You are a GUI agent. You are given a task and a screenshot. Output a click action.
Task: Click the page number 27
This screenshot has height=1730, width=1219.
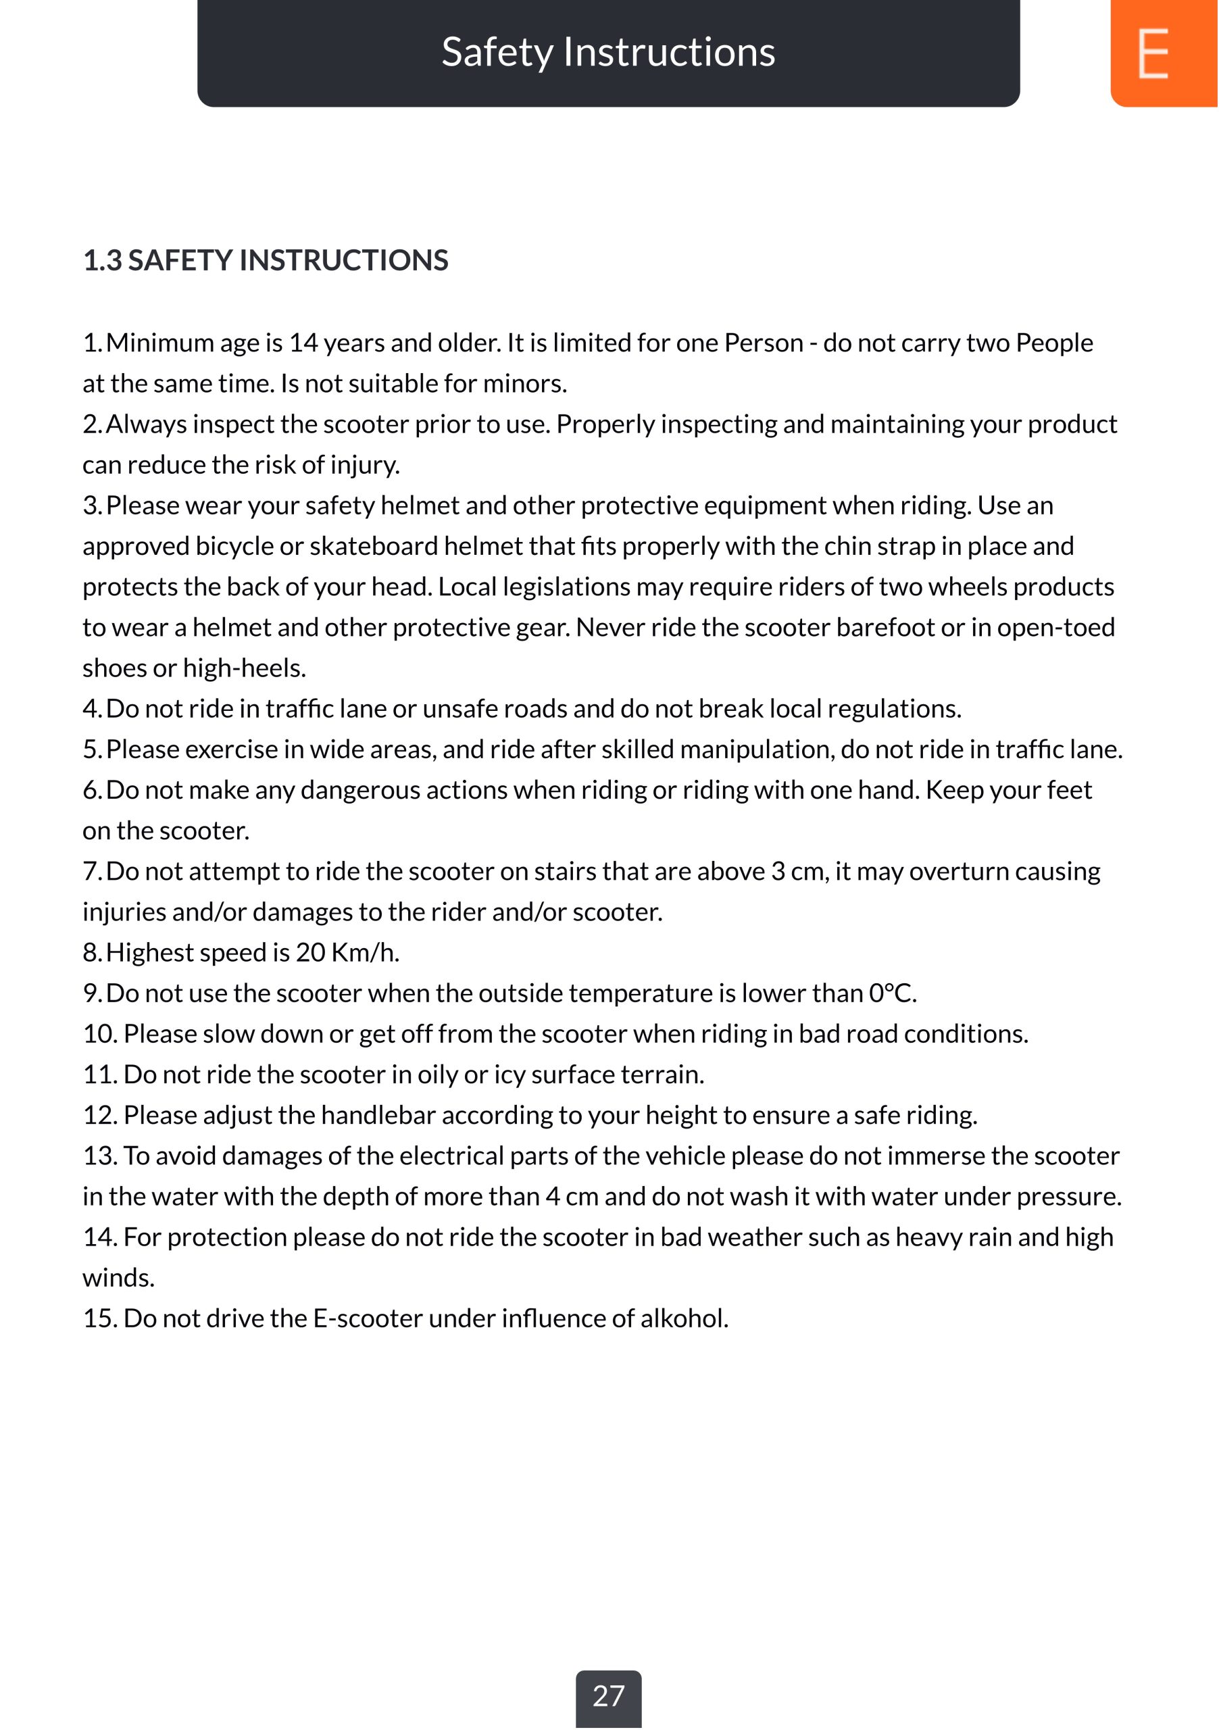click(x=608, y=1696)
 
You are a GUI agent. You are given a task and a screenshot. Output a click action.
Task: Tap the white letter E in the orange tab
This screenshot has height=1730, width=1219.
click(x=1153, y=53)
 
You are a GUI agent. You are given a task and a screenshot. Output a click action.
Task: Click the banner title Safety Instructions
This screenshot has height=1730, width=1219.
click(x=608, y=52)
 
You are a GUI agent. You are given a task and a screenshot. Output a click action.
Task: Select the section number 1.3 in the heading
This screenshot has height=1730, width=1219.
click(x=102, y=261)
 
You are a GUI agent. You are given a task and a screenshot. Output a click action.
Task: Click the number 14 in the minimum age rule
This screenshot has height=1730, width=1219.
click(x=303, y=343)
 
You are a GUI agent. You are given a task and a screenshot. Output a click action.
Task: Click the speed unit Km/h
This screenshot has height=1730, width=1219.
click(x=365, y=953)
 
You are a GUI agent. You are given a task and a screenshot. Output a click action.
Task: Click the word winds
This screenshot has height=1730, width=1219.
click(x=118, y=1279)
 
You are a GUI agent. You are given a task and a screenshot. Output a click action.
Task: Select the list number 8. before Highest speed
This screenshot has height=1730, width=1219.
click(x=92, y=953)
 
